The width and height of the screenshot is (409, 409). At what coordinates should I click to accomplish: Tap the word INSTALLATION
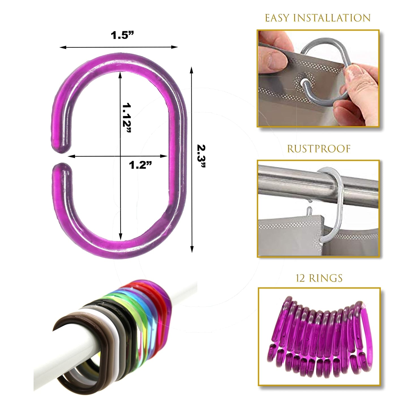point(332,18)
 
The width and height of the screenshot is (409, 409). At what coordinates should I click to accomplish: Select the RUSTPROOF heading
point(319,149)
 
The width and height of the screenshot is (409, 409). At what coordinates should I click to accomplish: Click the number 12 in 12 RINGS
point(301,278)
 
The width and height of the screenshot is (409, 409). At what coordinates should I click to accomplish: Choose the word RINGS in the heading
point(326,278)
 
